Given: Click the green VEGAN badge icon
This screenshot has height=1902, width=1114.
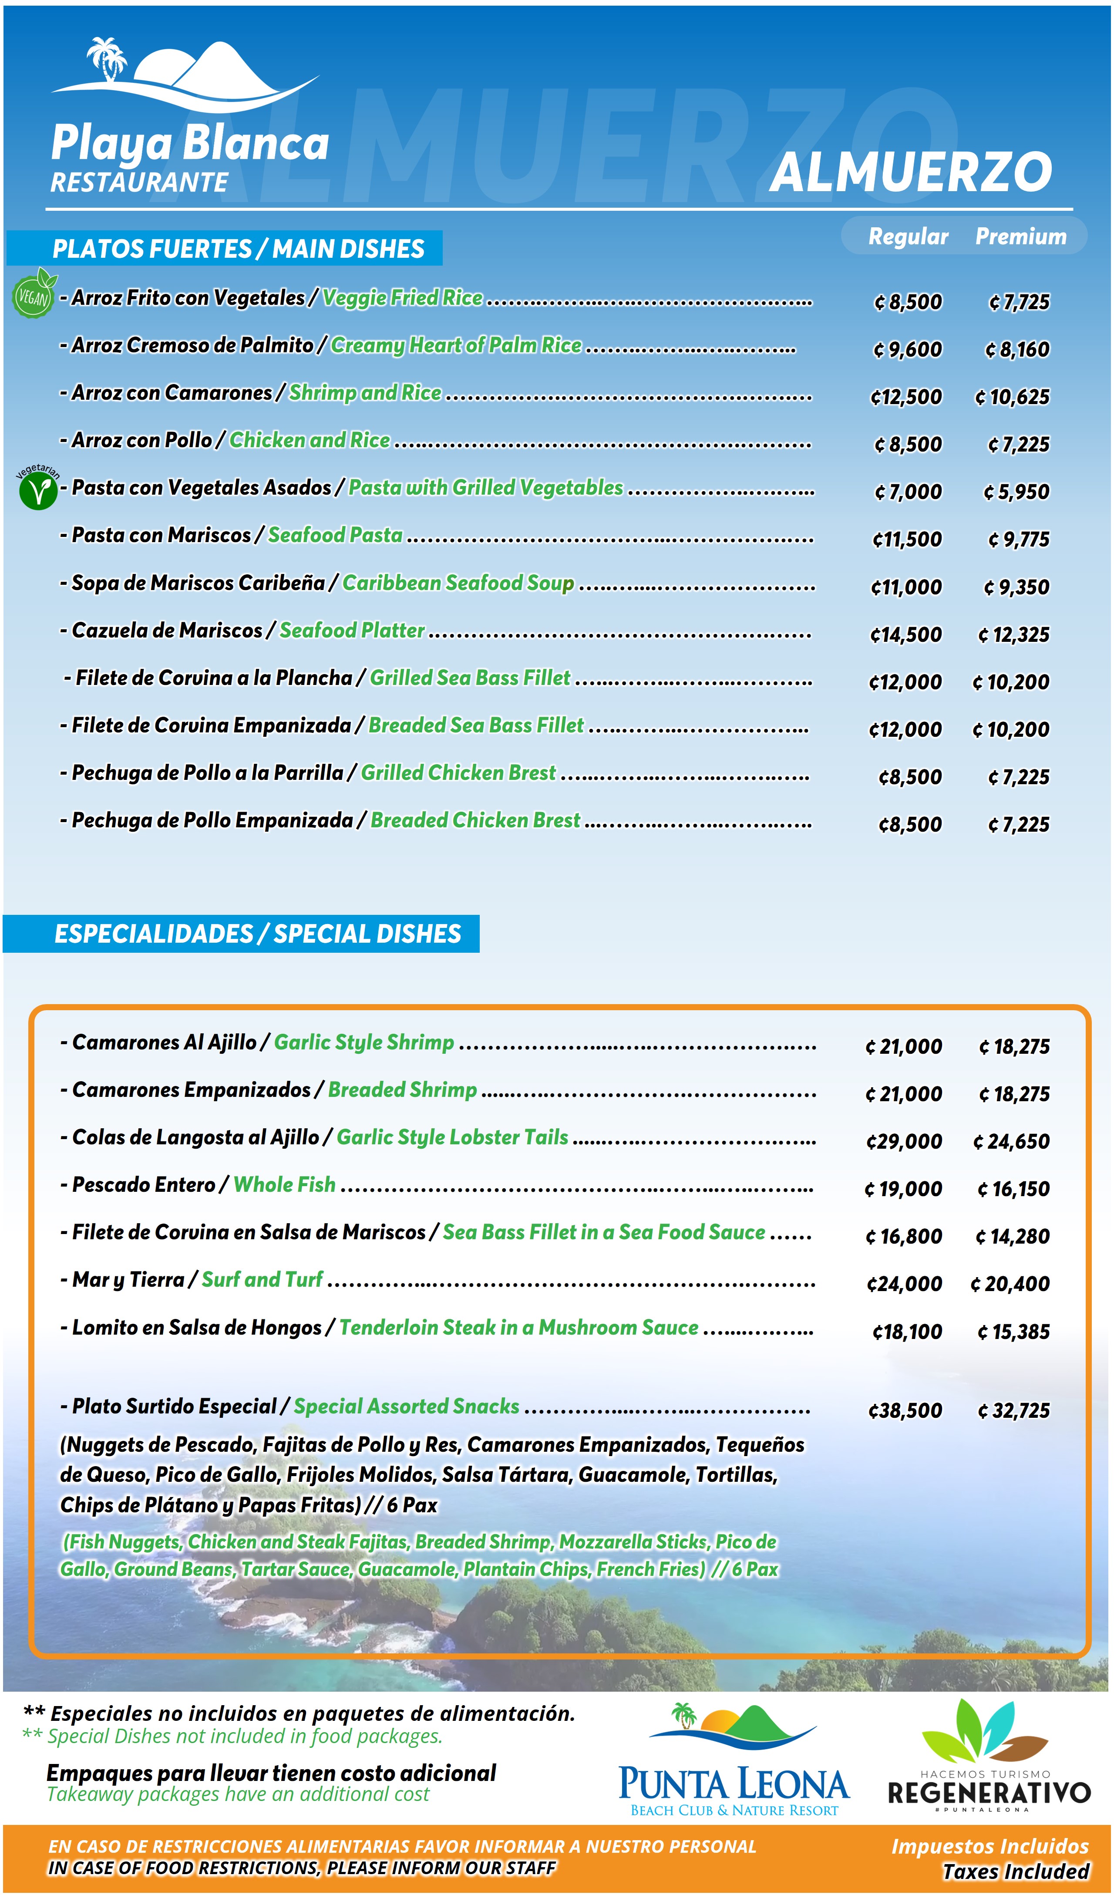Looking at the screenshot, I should pos(33,295).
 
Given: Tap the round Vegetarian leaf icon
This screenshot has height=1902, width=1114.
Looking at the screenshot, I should pos(38,491).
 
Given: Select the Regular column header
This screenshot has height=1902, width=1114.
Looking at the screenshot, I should pos(908,236).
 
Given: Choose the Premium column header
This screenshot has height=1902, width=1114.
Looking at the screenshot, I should pos(1020,236).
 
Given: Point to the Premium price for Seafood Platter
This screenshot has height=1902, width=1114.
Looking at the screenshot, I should pos(1013,635).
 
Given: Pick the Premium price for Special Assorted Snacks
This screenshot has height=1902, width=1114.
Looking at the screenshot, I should pos(1013,1411).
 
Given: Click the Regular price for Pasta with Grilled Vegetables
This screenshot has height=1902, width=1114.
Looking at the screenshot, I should pos(908,492).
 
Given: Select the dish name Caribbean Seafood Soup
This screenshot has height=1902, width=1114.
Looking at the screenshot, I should pos(458,583).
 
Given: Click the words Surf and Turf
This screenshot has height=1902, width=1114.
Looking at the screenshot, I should pos(262,1279).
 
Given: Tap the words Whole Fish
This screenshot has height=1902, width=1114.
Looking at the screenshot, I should pos(285,1184).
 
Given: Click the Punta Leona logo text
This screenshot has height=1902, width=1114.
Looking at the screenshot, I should pos(734,1784).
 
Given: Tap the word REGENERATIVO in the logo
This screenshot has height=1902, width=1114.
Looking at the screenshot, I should pos(989,1793).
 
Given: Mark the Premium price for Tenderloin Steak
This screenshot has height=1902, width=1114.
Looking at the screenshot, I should pos(1013,1332).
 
